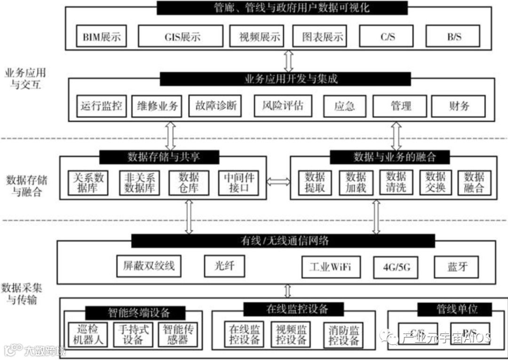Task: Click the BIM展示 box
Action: (x=101, y=37)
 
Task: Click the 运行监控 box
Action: (x=101, y=106)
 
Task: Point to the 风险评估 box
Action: (x=283, y=106)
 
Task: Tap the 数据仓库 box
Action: (x=189, y=183)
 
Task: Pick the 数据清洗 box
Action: (x=396, y=183)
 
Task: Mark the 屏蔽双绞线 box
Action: (x=149, y=266)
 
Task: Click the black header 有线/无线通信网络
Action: (x=283, y=241)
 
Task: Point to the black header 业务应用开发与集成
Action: (x=286, y=79)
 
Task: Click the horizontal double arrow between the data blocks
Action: (x=278, y=181)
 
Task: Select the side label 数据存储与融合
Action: (x=27, y=186)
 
